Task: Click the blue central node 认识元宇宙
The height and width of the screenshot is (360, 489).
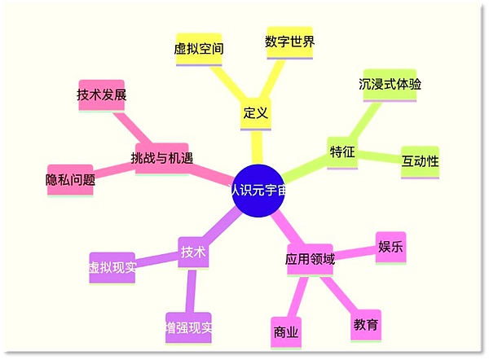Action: pos(258,191)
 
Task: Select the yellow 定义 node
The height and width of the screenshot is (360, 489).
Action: pos(256,114)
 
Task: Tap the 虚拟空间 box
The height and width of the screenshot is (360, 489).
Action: pos(199,50)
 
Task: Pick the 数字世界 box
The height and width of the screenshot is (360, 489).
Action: pos(289,42)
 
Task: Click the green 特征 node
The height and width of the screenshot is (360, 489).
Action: pos(342,153)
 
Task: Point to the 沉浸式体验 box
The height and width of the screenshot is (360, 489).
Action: pos(390,85)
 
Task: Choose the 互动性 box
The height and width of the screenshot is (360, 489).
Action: pos(420,162)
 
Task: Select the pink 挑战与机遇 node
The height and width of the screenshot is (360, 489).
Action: pos(162,159)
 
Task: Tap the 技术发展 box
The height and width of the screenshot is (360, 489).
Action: pos(102,95)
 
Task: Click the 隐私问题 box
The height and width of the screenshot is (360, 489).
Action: pos(70,181)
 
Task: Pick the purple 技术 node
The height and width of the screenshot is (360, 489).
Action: pos(193,252)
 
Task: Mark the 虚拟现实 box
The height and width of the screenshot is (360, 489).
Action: pos(112,268)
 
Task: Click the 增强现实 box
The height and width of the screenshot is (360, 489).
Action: pos(188,328)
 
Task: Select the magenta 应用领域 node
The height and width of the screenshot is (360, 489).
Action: pos(310,260)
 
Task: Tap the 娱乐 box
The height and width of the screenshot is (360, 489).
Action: pos(390,248)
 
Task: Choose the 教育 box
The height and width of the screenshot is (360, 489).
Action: pos(366,326)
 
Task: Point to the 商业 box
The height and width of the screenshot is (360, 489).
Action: pos(286,333)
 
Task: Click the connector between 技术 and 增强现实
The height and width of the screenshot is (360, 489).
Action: pos(191,291)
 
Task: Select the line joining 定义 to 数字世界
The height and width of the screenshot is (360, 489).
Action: pos(273,79)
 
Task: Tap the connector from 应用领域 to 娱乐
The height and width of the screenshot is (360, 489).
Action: pos(355,253)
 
